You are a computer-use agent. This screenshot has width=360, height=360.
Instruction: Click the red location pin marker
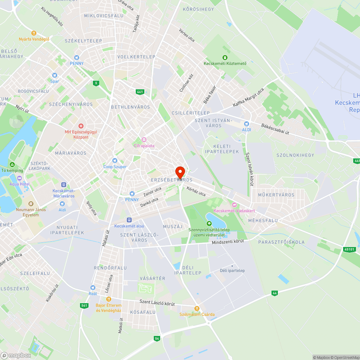tap(180, 171)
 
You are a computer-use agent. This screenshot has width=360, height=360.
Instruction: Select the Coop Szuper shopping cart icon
tap(115, 161)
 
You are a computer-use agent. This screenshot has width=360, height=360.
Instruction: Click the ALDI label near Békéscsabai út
tap(247, 130)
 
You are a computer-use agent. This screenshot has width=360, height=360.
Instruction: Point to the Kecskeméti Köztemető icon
tap(225, 57)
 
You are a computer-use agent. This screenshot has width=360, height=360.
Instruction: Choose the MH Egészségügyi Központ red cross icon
tap(81, 126)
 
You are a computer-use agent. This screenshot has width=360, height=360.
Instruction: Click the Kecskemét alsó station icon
tap(129, 220)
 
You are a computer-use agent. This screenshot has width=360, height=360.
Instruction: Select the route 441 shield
tap(140, 92)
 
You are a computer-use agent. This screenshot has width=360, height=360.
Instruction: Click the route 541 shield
tap(84, 306)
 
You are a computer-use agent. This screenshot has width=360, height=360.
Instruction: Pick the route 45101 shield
tap(349, 249)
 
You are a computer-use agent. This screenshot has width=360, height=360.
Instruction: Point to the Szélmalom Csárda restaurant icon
tap(197, 309)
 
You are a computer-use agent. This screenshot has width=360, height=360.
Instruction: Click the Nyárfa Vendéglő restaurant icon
tap(34, 33)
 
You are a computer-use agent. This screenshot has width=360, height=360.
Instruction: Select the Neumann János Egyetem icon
tap(31, 204)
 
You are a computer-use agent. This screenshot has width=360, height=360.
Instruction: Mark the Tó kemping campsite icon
tap(12, 165)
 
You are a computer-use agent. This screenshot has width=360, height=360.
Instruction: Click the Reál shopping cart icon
tap(93, 288)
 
